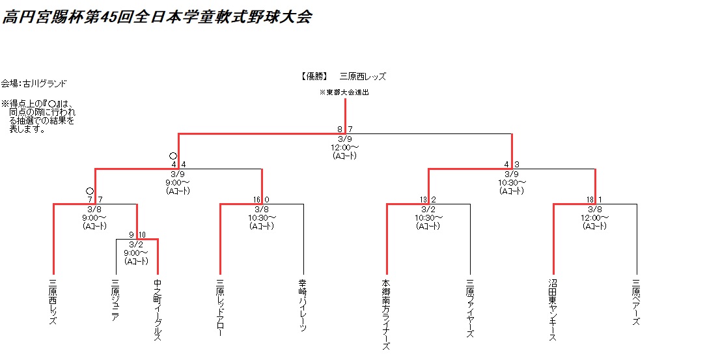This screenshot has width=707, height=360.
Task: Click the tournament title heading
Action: coord(156,17)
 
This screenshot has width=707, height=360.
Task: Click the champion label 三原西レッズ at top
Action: coord(358,76)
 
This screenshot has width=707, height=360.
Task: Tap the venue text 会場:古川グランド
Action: coord(34,83)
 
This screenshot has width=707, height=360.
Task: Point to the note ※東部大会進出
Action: coord(344,92)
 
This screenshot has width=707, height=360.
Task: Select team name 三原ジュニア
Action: coord(116,300)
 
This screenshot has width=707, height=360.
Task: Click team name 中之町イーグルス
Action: coord(158,310)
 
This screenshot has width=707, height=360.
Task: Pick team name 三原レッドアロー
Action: coord(220,307)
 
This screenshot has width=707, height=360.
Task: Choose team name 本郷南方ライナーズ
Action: coord(386,314)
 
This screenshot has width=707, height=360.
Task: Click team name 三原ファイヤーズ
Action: coord(469,308)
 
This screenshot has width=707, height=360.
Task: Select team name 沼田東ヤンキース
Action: coord(553,310)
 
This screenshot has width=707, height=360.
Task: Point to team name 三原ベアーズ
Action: coord(636,303)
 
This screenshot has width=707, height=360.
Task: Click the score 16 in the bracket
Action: coord(257,199)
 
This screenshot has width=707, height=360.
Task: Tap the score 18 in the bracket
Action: coord(590,199)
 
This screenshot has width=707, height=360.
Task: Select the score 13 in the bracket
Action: coord(424,199)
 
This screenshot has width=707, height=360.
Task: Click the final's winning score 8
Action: coord(340,130)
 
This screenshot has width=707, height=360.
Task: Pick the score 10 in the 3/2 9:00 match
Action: coord(142,235)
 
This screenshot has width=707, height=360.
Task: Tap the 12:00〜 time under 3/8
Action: coord(594,217)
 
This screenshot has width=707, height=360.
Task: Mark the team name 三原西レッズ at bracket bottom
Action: coord(53,303)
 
